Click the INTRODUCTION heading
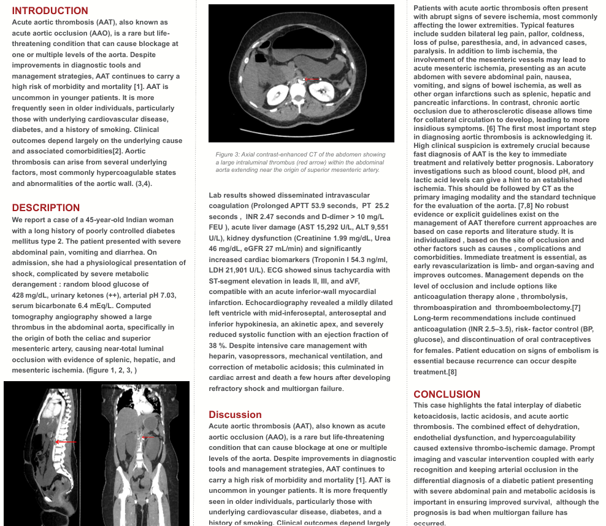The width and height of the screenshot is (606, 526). pos(50,10)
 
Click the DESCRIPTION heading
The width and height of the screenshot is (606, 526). pos(46,207)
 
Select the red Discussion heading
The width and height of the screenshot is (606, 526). pos(235,414)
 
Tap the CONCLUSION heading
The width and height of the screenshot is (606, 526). pos(447,394)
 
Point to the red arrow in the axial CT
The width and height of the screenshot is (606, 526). pos(312,79)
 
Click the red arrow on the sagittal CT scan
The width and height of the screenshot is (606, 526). pos(66,442)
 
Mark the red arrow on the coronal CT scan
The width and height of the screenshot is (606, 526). pos(148,438)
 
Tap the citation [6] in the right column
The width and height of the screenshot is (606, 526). pos(491,128)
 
